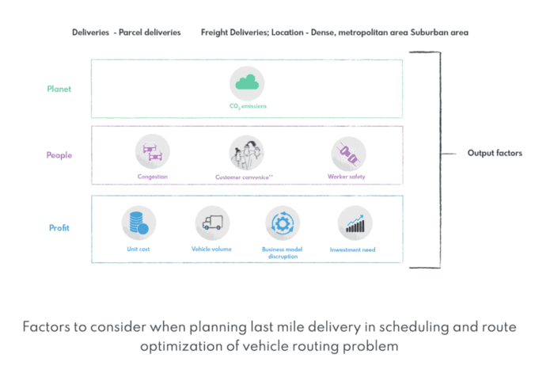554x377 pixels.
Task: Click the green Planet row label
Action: [58, 89]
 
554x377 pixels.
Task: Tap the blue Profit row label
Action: [59, 228]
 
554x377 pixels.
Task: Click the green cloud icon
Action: [247, 83]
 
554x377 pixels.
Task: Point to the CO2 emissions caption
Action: [247, 106]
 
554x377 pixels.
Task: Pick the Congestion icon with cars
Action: [151, 151]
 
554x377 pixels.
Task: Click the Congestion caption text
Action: [151, 176]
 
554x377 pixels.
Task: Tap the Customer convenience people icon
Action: [246, 151]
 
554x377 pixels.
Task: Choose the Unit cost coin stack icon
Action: [139, 223]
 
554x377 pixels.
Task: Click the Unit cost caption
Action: [138, 249]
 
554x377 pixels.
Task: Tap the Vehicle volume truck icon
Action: [212, 223]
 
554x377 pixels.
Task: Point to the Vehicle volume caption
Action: [212, 249]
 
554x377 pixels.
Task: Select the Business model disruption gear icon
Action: [281, 223]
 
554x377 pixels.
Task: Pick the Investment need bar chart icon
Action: [354, 223]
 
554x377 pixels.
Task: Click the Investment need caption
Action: [353, 249]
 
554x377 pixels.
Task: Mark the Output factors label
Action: [495, 153]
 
